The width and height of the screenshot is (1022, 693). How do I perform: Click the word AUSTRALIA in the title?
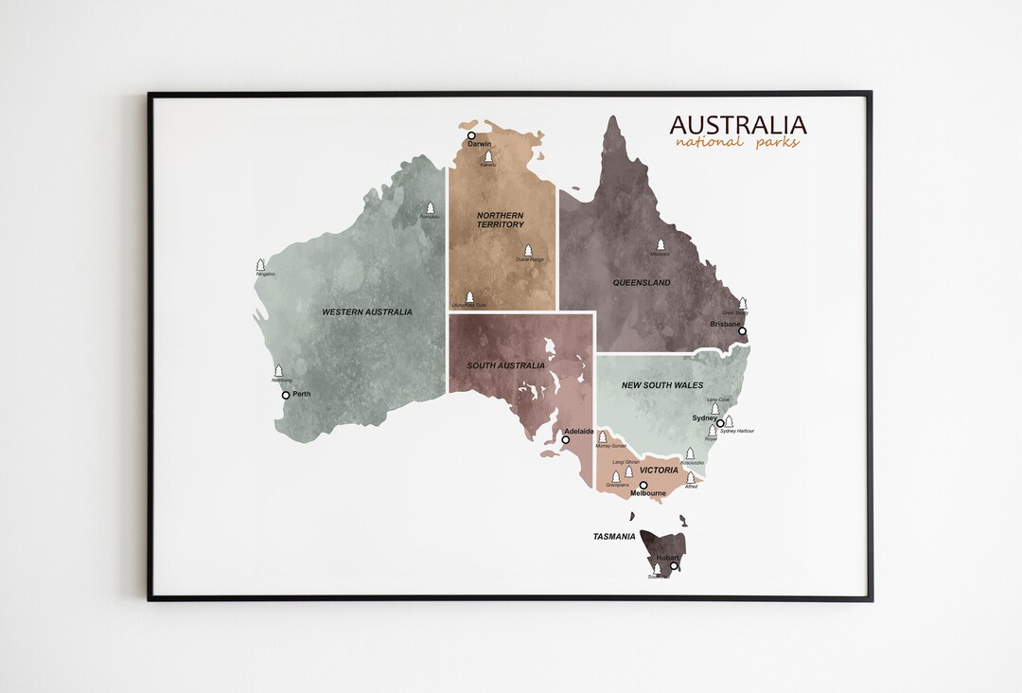[x=738, y=125]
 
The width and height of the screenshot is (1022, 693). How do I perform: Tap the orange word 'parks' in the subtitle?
[x=777, y=143]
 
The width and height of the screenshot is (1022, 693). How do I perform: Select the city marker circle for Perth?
[x=286, y=395]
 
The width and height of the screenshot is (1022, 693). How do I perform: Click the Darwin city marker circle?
[x=471, y=135]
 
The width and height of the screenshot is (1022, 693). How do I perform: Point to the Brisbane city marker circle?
[x=742, y=331]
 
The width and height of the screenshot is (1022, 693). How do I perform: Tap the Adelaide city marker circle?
[x=566, y=439]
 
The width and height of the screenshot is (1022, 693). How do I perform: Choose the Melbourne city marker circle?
[x=643, y=485]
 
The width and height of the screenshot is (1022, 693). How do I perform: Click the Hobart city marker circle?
[x=674, y=566]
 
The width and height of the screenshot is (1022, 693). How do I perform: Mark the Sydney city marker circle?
[x=720, y=423]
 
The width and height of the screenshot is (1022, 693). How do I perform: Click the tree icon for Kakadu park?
[x=488, y=156]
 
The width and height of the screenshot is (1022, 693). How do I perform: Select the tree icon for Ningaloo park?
[x=260, y=265]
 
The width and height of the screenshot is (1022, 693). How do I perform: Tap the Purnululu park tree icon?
[x=430, y=207]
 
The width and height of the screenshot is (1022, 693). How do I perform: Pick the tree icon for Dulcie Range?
[x=528, y=250]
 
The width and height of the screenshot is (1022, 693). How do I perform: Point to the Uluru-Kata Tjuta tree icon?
[x=468, y=296]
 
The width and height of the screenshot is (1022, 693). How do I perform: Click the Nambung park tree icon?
[x=278, y=371]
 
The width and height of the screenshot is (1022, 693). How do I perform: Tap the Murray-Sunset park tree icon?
[x=602, y=436]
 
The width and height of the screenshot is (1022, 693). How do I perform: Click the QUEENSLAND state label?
[x=642, y=283]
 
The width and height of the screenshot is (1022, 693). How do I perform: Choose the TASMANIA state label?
[x=614, y=537]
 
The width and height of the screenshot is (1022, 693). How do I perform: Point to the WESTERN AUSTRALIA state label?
[x=367, y=311]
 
